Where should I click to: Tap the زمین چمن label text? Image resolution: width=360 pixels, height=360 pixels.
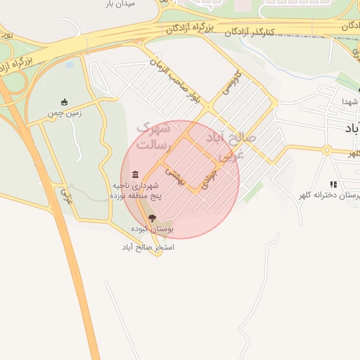(x=65, y=113)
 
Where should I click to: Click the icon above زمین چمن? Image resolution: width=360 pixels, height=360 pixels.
(x=65, y=102)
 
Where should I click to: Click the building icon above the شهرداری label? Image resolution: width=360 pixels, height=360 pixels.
(x=135, y=174)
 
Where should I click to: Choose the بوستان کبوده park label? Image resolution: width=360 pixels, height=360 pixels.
(x=153, y=229)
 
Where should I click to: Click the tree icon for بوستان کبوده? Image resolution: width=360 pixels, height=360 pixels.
(x=153, y=219)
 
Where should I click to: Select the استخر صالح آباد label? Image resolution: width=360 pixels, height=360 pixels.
(x=148, y=247)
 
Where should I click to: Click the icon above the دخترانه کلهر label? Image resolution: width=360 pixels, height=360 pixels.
(x=334, y=184)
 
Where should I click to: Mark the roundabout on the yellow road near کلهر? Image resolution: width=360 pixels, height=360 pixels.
(x=327, y=149)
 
